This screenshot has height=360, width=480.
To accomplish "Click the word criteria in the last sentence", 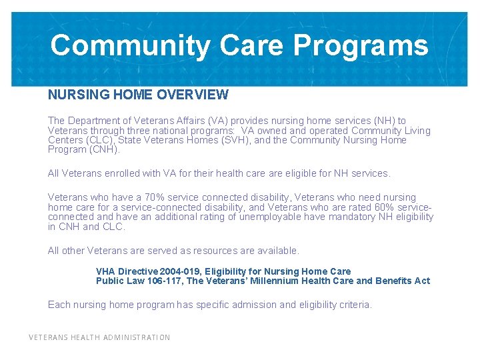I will point(354,305).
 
